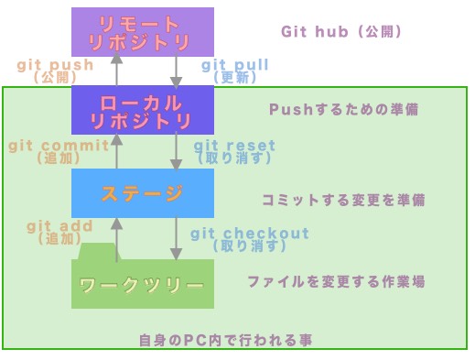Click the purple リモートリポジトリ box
click(142, 31)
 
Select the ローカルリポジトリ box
click(142, 110)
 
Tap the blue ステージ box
click(142, 192)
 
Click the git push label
click(56, 66)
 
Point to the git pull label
click(234, 66)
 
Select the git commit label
click(59, 146)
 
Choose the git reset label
click(234, 146)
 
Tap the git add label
click(59, 226)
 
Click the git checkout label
click(250, 234)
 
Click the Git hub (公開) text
click(341, 31)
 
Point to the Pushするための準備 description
click(343, 109)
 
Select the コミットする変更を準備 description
click(343, 199)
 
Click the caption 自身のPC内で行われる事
click(225, 340)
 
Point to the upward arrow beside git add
click(116, 238)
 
